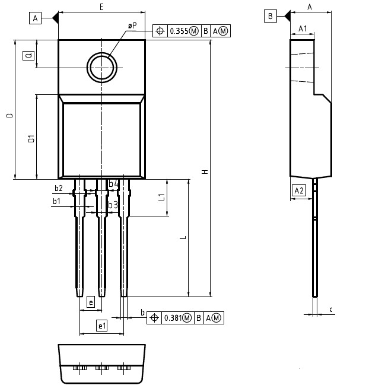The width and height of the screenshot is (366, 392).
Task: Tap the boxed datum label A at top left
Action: [x=35, y=18]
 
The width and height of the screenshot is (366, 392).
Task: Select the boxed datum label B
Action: [x=270, y=16]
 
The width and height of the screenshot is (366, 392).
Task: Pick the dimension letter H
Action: [x=205, y=172]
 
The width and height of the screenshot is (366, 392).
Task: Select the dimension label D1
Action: [x=31, y=139]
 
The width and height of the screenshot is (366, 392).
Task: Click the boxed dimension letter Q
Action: [x=28, y=56]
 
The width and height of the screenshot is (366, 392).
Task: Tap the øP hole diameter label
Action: [x=132, y=26]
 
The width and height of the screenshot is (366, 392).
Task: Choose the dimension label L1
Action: [x=161, y=197]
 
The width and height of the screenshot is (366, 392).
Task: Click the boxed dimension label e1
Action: [x=101, y=326]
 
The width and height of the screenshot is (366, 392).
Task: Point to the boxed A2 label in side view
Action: [x=299, y=190]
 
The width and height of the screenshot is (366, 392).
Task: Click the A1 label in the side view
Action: [x=302, y=28]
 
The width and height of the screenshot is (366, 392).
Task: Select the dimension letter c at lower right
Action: [x=330, y=309]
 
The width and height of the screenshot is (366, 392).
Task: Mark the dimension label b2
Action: [x=58, y=188]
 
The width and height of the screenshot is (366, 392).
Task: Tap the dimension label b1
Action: [x=56, y=201]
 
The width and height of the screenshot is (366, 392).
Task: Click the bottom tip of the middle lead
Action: [x=101, y=295]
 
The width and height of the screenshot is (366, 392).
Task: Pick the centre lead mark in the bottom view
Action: [x=101, y=368]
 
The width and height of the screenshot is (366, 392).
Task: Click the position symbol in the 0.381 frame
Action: [x=154, y=318]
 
